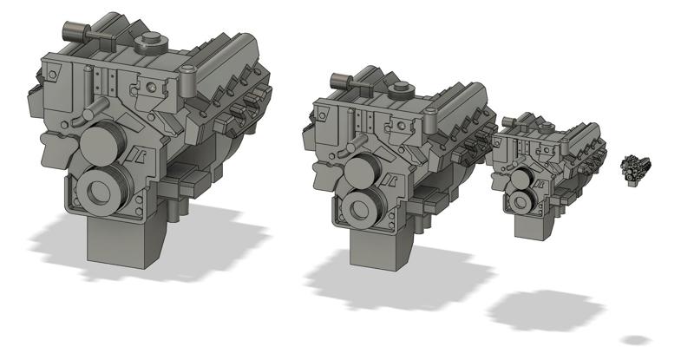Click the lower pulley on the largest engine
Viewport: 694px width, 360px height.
coord(103,191)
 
